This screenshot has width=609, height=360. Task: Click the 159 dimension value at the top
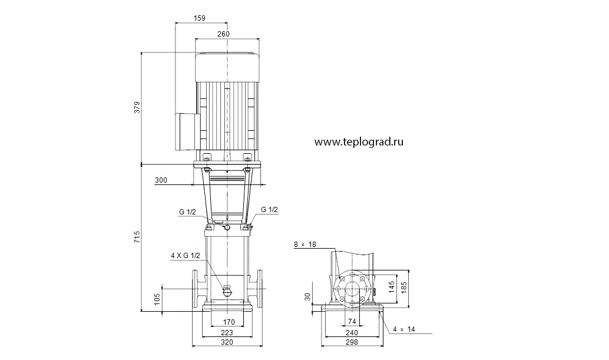pos(199,18)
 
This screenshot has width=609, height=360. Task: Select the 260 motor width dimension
pos(223,34)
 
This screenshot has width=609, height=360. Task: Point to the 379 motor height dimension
pos(137,108)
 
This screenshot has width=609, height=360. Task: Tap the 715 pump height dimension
pos(137,237)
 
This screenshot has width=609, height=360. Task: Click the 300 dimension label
pos(161,180)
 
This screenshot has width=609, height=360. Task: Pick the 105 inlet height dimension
pos(157,299)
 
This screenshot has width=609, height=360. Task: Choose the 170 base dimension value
pos(229,322)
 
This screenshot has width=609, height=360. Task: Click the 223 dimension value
pos(227,332)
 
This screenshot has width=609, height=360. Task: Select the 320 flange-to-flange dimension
pos(227,342)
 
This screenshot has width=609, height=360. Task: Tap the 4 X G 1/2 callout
pos(186,256)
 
